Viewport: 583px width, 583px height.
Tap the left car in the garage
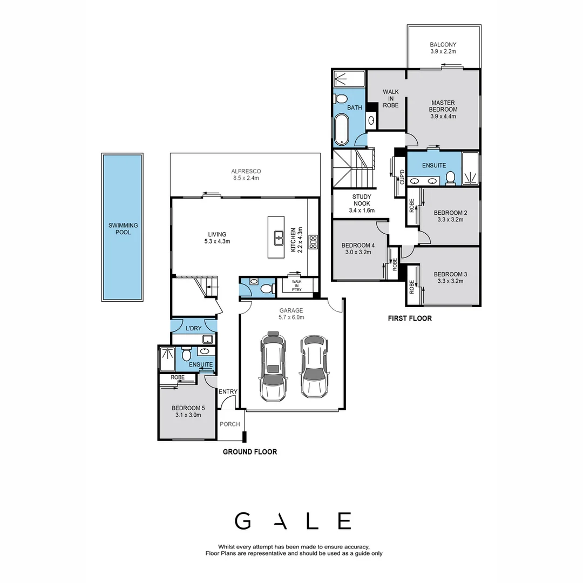pos(273,367)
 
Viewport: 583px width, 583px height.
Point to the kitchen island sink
pos(279,238)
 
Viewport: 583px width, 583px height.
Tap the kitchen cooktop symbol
pos(313,241)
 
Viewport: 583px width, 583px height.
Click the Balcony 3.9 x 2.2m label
pos(443,48)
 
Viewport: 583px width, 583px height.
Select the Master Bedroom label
pos(443,109)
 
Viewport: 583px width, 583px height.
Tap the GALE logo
pos(293,521)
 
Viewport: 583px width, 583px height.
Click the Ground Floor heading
pos(250,452)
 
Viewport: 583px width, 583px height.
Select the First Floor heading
pos(410,318)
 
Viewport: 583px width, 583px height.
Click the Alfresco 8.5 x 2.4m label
pos(246,174)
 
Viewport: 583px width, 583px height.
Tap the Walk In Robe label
pos(390,99)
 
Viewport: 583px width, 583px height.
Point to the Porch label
pos(230,424)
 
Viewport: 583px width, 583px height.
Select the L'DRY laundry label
pos(193,328)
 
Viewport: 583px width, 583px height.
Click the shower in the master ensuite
pos(470,168)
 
